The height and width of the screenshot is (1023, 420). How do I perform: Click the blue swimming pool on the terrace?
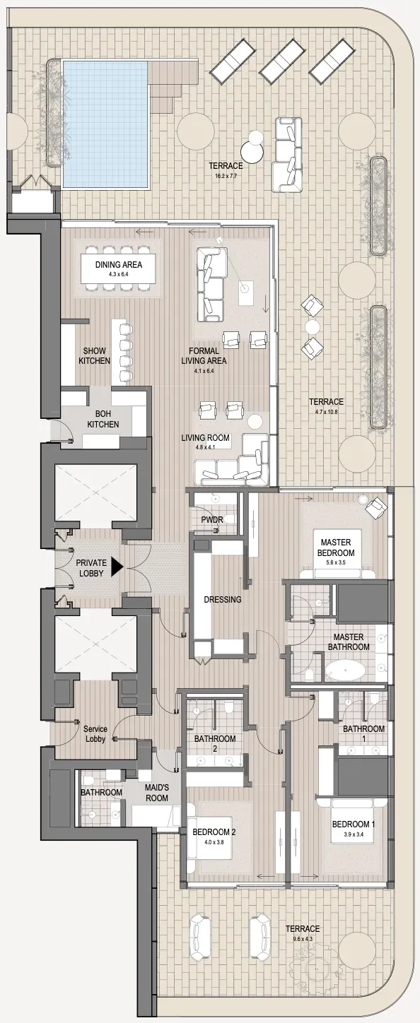[x=106, y=124]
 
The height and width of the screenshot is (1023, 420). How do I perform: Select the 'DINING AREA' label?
[x=119, y=264]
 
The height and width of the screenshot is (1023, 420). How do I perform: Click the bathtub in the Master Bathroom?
[x=345, y=673]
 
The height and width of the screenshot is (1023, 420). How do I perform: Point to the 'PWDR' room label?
[x=212, y=520]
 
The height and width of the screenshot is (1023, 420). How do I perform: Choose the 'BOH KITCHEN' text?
[x=103, y=419]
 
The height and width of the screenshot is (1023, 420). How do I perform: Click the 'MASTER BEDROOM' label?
[x=336, y=547]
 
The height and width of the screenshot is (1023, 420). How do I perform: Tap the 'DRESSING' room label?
[x=223, y=599]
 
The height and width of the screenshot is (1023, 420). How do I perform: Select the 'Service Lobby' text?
[x=95, y=734]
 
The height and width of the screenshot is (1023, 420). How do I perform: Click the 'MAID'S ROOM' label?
[x=157, y=793]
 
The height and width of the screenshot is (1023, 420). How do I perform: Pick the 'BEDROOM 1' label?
[x=354, y=824]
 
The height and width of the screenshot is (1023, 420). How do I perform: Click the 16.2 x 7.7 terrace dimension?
[x=226, y=175]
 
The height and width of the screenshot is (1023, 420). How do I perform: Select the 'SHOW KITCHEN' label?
[x=95, y=356]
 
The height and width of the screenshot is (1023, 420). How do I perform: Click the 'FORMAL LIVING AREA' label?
[x=204, y=356]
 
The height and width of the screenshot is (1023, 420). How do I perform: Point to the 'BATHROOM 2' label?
[x=215, y=743]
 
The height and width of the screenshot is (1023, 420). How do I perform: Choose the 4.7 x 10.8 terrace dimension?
[x=326, y=411]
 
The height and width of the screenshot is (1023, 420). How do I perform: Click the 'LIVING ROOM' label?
[x=205, y=437]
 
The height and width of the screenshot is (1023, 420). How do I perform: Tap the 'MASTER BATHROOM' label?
[x=349, y=641]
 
